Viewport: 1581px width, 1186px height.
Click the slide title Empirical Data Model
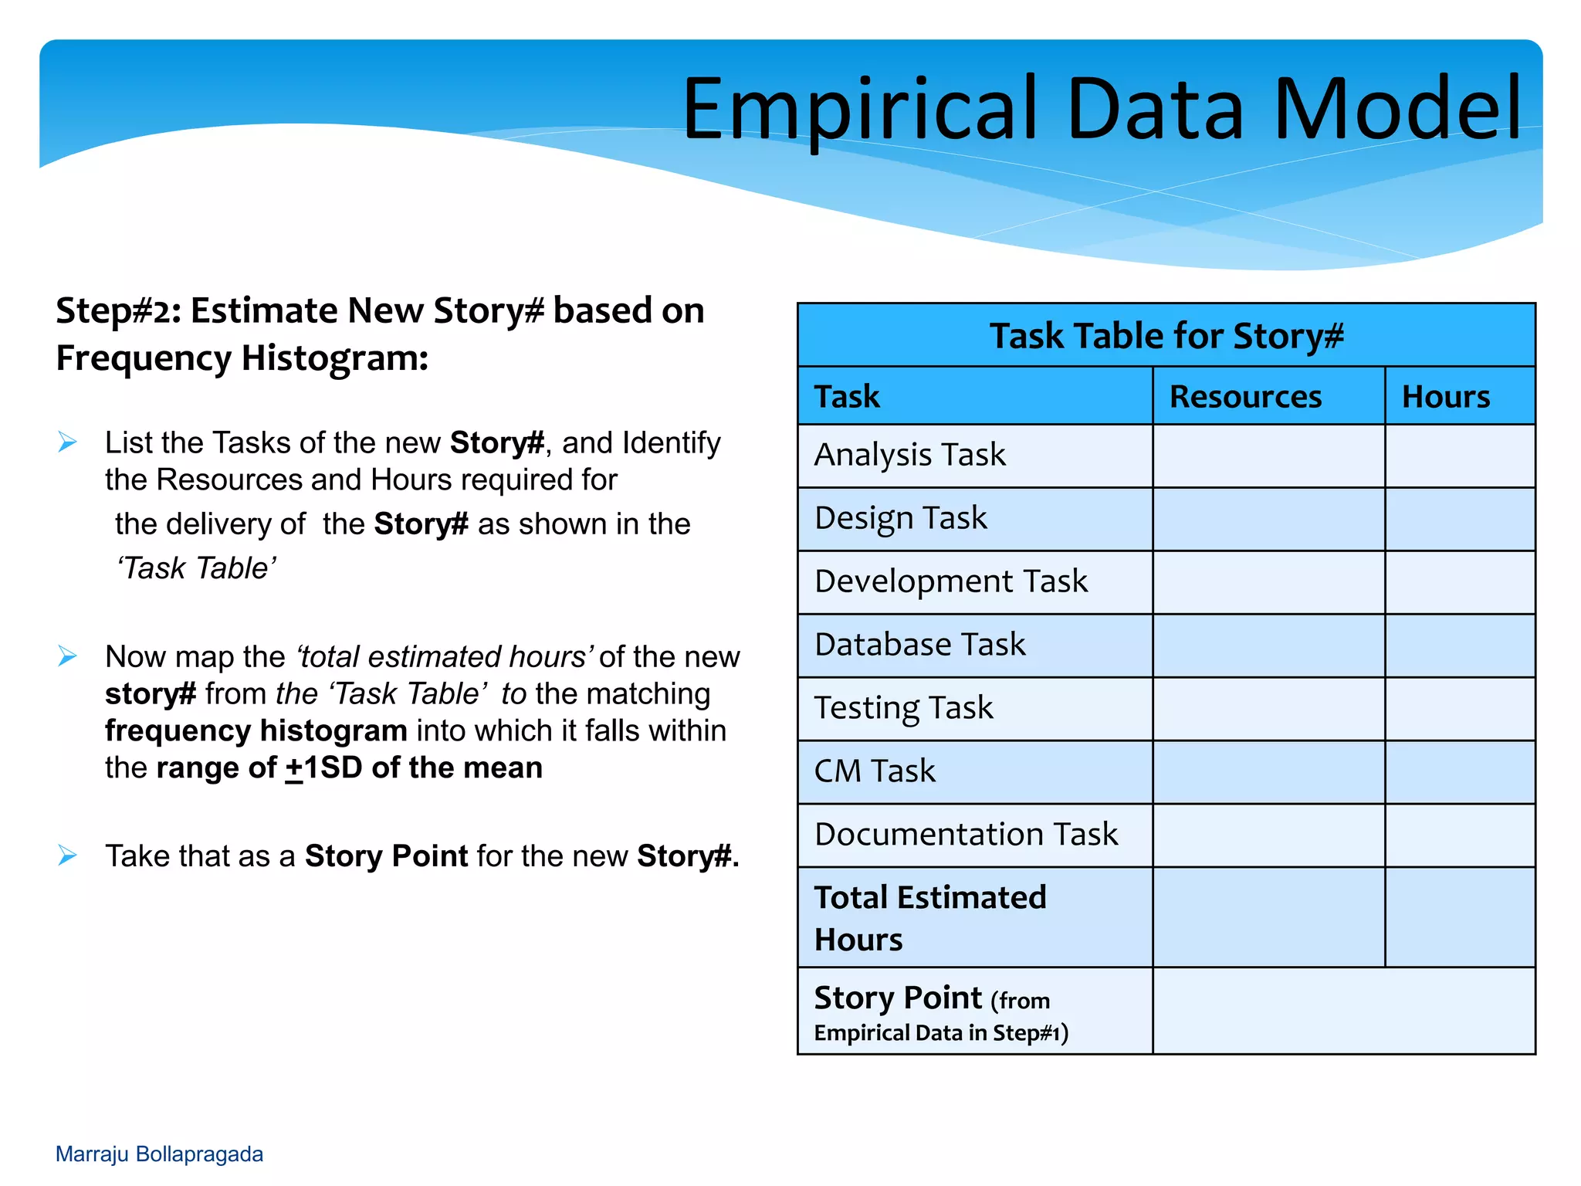[x=1102, y=110]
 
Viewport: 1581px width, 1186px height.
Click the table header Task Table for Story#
[x=1166, y=336]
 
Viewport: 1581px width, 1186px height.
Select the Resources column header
[x=1244, y=397]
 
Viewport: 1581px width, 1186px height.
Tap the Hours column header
[x=1445, y=397]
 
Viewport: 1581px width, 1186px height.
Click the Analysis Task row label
[x=909, y=455]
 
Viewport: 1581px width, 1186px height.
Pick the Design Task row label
[x=900, y=518]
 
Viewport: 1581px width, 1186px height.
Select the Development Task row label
[x=950, y=581]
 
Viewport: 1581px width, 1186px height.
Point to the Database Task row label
[x=919, y=645]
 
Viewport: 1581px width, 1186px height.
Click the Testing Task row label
[x=903, y=708]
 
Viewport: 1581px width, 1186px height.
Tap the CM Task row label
[x=874, y=771]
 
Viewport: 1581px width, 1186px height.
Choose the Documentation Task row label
[x=965, y=835]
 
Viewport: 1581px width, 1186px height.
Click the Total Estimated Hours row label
[x=929, y=917]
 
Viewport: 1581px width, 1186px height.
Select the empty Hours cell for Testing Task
[x=1459, y=709]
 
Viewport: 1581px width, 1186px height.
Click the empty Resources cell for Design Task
[x=1268, y=519]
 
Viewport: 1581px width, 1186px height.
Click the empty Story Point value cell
[x=1343, y=1011]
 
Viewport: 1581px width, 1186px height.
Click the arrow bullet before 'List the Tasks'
[x=68, y=442]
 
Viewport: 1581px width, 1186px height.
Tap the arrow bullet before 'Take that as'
[x=68, y=856]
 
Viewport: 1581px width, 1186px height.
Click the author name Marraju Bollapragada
[x=159, y=1154]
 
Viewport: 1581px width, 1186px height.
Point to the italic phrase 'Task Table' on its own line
[x=196, y=568]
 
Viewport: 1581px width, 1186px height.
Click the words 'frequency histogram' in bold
[x=256, y=730]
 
